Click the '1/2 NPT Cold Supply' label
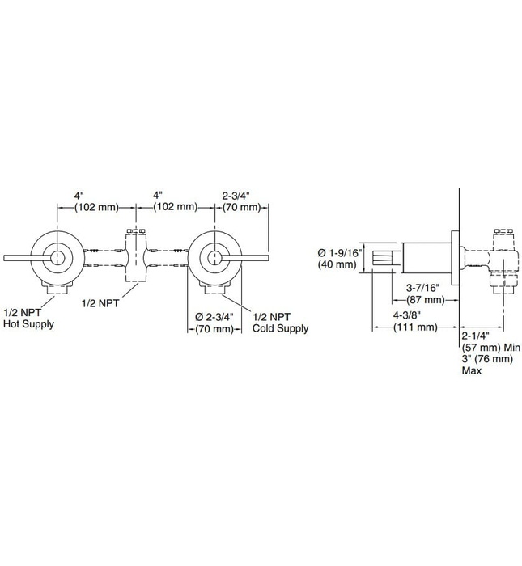281,322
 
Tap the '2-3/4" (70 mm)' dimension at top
240,201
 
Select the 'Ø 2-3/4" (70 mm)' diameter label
214,322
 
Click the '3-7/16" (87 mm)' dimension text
422,293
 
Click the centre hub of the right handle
213,258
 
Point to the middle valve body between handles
134,257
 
